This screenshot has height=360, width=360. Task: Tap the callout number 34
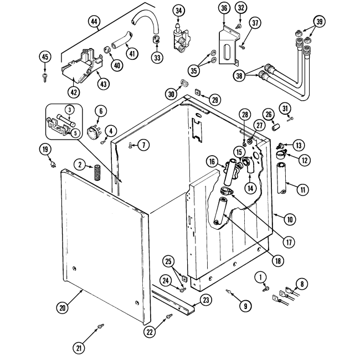(178, 11)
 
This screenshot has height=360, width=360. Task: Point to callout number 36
(224, 8)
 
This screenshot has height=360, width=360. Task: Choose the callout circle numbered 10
(289, 218)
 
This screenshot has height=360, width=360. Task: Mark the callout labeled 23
(206, 300)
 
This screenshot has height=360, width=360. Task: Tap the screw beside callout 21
(100, 327)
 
